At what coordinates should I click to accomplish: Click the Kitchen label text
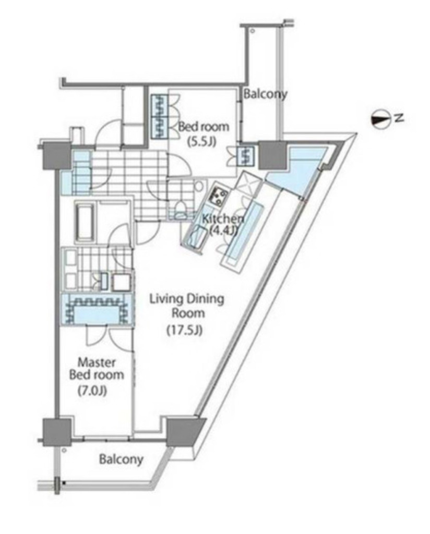(x=223, y=219)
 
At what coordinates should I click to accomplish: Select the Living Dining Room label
(x=187, y=306)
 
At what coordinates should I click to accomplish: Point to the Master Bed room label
(x=97, y=368)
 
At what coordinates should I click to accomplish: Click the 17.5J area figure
(x=184, y=330)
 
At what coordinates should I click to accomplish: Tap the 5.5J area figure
(x=202, y=141)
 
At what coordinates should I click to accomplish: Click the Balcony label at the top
(x=265, y=94)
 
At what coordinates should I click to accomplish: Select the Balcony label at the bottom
(x=121, y=459)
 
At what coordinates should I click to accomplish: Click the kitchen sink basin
(x=195, y=235)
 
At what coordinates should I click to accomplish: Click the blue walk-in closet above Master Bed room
(x=97, y=310)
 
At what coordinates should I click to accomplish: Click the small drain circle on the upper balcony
(x=253, y=31)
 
